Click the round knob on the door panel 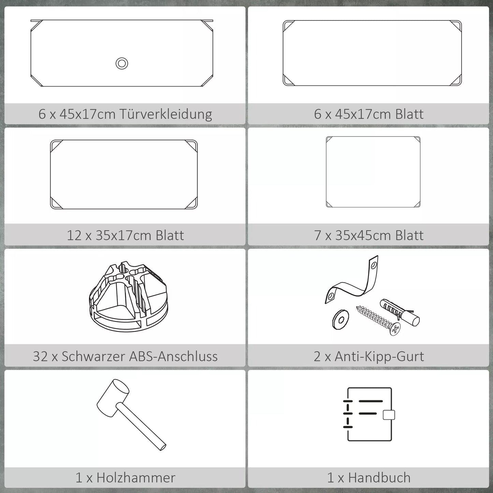click(122, 63)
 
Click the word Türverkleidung click(165, 114)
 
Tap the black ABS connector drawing click(128, 297)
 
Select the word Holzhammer click(136, 478)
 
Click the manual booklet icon click(369, 415)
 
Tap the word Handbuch click(379, 478)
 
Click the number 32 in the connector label click(40, 357)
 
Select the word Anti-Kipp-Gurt click(379, 357)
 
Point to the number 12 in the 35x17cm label click(74, 235)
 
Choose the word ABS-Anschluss click(173, 357)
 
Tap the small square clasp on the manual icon click(389, 415)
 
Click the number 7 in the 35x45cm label click(318, 235)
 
